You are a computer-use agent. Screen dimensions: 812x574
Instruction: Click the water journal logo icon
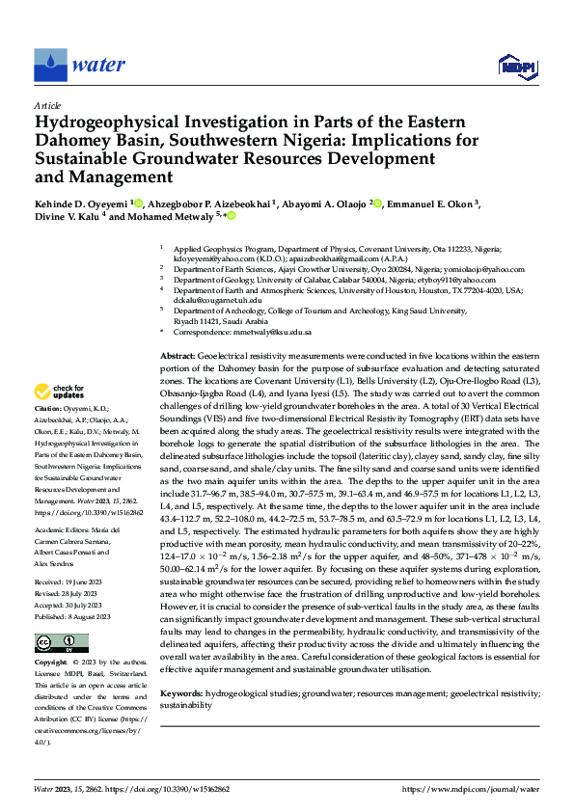coord(50,66)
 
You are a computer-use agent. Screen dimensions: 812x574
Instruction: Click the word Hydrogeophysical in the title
coord(110,124)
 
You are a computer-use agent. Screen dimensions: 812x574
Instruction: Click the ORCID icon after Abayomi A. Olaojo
coord(377,203)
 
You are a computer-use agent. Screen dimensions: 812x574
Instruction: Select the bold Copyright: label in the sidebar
coord(52,636)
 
